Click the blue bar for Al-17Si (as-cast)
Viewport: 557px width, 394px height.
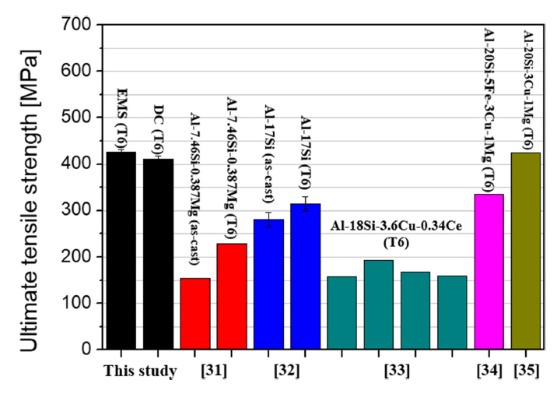pos(268,284)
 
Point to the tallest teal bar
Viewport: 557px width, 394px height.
pos(379,304)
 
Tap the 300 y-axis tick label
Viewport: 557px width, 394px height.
pos(79,210)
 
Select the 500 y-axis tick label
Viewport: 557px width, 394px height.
pos(79,118)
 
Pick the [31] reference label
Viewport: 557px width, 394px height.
pos(214,371)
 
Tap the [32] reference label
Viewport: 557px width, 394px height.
pos(287,371)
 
